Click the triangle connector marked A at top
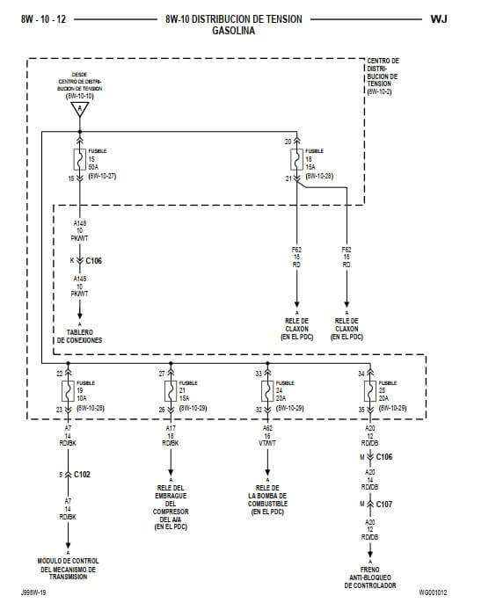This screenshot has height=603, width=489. click(80, 110)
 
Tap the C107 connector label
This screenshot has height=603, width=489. click(383, 504)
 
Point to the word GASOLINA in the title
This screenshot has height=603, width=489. click(233, 30)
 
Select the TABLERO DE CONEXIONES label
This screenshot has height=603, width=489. click(80, 335)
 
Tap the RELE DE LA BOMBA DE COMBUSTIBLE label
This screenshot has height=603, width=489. click(268, 499)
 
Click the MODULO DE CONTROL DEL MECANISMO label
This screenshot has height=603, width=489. click(68, 566)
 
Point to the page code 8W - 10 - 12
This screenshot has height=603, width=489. click(42, 18)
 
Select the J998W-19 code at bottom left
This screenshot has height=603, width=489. click(33, 592)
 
